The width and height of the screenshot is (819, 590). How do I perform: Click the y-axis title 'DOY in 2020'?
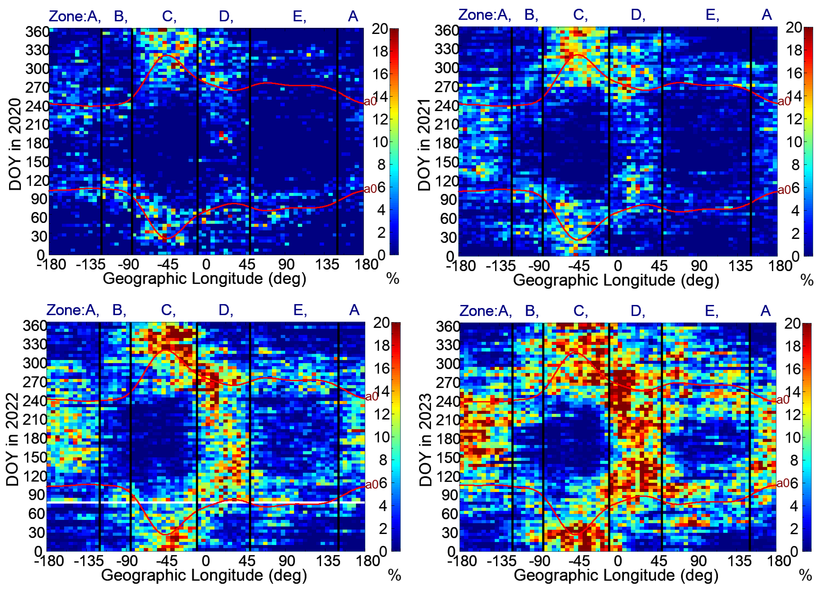tap(15, 144)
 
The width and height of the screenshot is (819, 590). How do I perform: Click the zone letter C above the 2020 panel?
tap(168, 17)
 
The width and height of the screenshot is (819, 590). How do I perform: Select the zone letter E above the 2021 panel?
tap(711, 15)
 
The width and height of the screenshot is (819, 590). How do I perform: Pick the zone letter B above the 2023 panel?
tap(530, 311)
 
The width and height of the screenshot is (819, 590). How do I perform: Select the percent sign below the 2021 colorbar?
tap(807, 280)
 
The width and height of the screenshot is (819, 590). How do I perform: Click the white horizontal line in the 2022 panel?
tap(206, 502)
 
